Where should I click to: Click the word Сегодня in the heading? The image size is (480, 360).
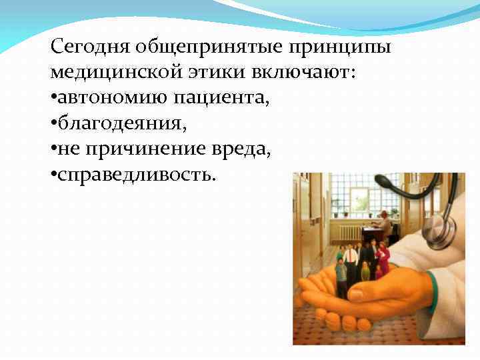pyautogui.click(x=91, y=47)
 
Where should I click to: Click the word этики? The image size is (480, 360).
pyautogui.click(x=224, y=73)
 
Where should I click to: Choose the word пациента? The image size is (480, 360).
pyautogui.click(x=221, y=98)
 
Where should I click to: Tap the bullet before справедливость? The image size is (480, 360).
pyautogui.click(x=53, y=175)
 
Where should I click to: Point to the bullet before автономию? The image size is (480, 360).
pyautogui.click(x=53, y=99)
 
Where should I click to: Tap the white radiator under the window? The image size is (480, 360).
pyautogui.click(x=349, y=231)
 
